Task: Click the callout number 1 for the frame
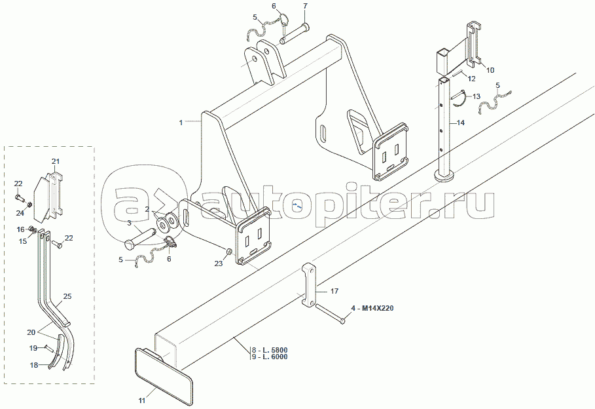point(181,123)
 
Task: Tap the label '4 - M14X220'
point(372,308)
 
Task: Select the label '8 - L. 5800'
point(270,350)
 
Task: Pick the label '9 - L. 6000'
point(270,357)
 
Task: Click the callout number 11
point(142,400)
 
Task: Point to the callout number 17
point(334,291)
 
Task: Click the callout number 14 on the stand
point(461,123)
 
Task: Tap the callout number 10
point(490,70)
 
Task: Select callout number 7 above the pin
point(306,6)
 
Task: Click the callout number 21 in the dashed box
point(56,161)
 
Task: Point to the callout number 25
point(67,296)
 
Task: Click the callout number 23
point(219,263)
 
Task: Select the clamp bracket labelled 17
point(309,285)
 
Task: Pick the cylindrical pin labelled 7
point(295,33)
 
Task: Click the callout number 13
point(477,97)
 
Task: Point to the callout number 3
point(129,223)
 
